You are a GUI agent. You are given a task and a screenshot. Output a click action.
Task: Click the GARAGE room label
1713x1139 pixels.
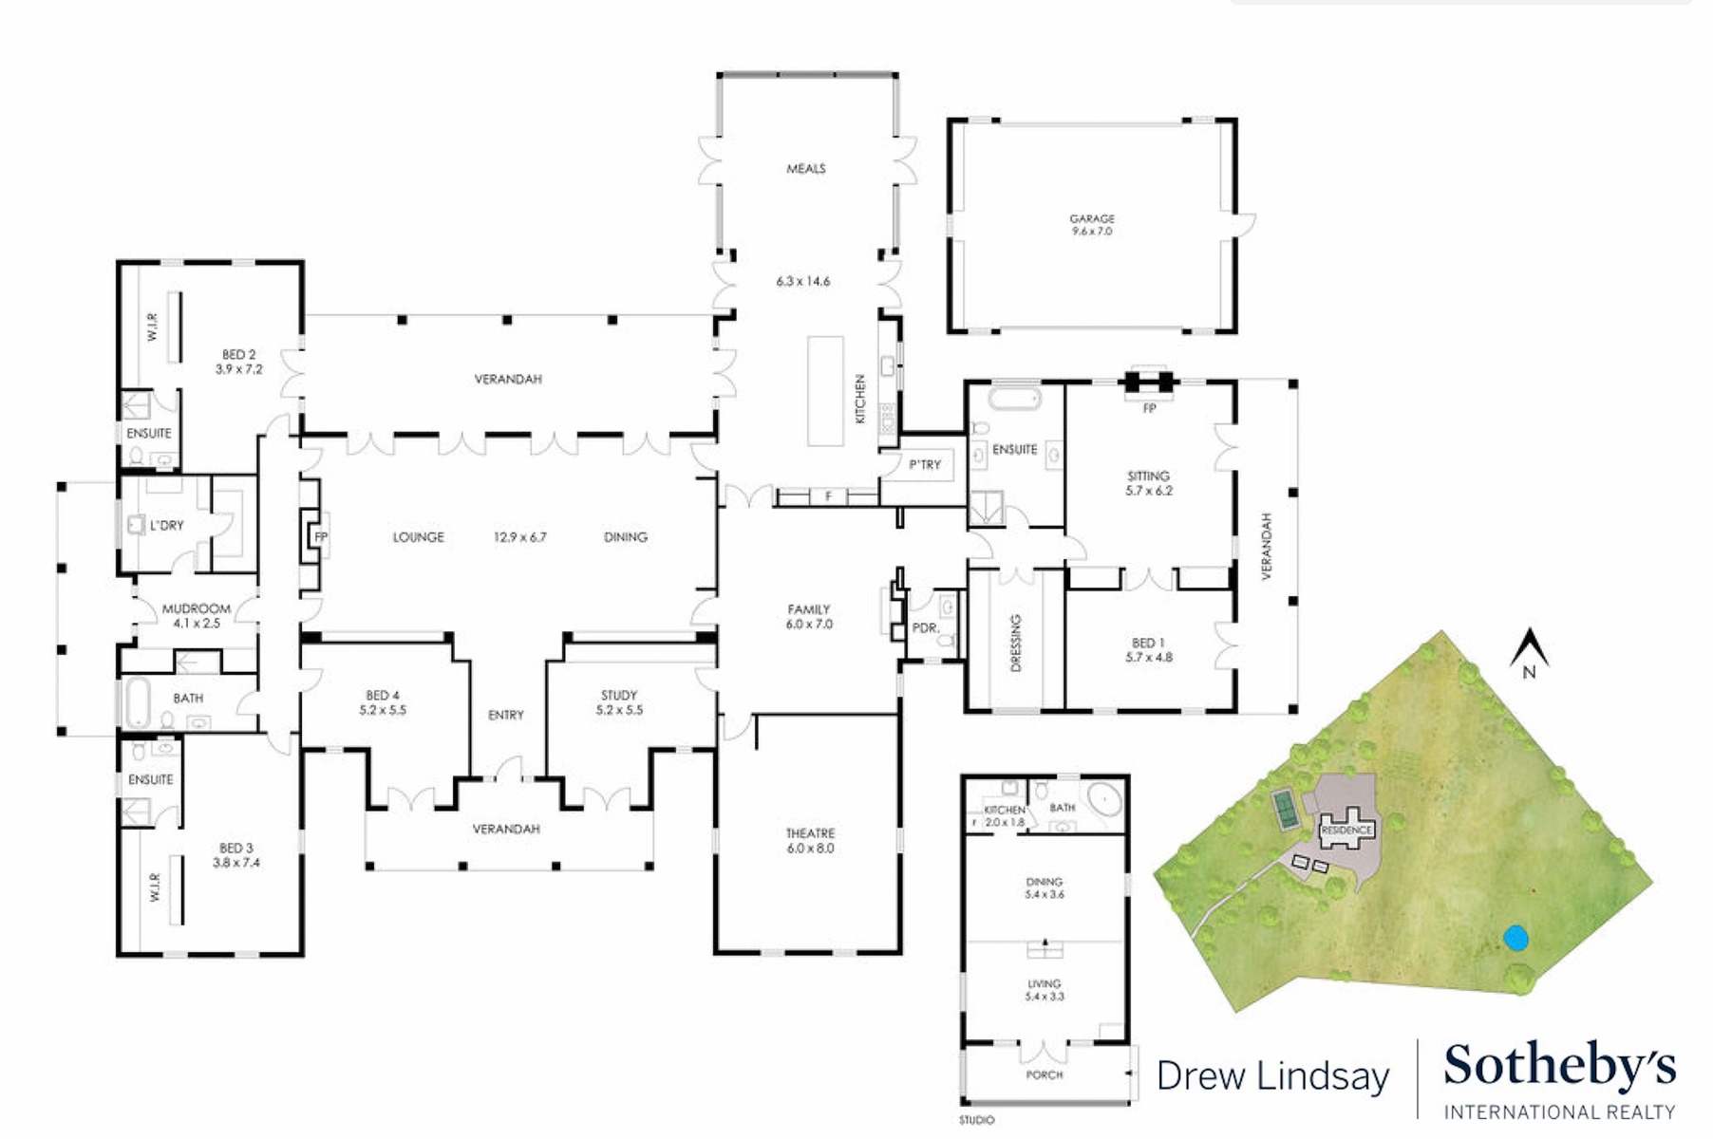1091,218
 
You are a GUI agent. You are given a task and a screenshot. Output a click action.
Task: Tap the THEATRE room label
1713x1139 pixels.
809,833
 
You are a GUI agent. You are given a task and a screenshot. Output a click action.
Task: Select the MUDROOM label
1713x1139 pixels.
197,608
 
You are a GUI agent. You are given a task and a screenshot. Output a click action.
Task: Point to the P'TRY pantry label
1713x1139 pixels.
924,464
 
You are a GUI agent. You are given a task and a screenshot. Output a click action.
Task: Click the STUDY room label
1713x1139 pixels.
619,695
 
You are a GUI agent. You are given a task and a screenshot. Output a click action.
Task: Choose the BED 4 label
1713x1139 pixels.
383,695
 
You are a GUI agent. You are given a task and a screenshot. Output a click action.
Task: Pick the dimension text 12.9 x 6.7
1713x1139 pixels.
519,537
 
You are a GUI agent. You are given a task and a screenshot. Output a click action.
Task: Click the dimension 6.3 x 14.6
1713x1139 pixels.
802,282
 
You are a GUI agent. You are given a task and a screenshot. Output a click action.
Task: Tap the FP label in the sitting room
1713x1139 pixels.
1149,409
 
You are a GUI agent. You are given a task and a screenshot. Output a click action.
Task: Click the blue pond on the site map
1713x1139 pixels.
1515,939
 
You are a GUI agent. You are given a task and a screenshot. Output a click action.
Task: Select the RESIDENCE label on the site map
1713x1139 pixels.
1346,830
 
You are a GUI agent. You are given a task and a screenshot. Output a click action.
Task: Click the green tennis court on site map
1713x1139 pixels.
1286,809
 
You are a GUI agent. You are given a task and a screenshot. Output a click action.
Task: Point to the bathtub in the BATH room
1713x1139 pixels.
139,702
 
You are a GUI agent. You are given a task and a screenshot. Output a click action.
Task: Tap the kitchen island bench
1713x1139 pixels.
825,390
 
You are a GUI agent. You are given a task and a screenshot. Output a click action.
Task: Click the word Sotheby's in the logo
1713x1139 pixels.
1559,1067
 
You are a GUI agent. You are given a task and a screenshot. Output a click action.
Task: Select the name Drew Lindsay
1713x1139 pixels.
1272,1076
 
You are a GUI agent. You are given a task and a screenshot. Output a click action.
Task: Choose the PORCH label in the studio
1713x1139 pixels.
1044,1074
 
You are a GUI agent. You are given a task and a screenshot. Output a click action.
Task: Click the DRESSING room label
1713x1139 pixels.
1016,643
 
